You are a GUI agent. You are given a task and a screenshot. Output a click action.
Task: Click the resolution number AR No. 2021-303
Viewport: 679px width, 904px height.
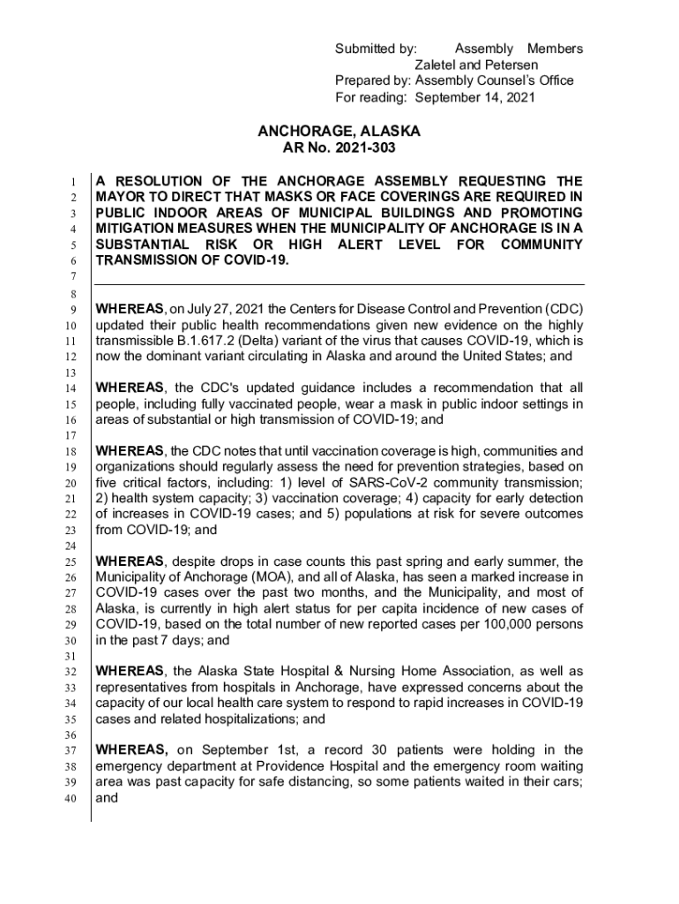pos(339,148)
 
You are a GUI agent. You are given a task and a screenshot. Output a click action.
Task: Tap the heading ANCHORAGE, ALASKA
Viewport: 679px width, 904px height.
pos(339,131)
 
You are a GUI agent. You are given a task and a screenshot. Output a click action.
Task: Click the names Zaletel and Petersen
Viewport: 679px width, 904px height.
pos(476,64)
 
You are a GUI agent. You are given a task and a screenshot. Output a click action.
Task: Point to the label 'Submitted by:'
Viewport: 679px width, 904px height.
pos(376,49)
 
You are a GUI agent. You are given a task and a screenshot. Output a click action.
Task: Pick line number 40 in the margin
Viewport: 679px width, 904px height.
pos(75,800)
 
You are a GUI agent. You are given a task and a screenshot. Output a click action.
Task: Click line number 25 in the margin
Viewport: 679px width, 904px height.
pos(75,561)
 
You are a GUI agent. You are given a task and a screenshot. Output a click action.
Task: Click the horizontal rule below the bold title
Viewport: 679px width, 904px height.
pos(339,284)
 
